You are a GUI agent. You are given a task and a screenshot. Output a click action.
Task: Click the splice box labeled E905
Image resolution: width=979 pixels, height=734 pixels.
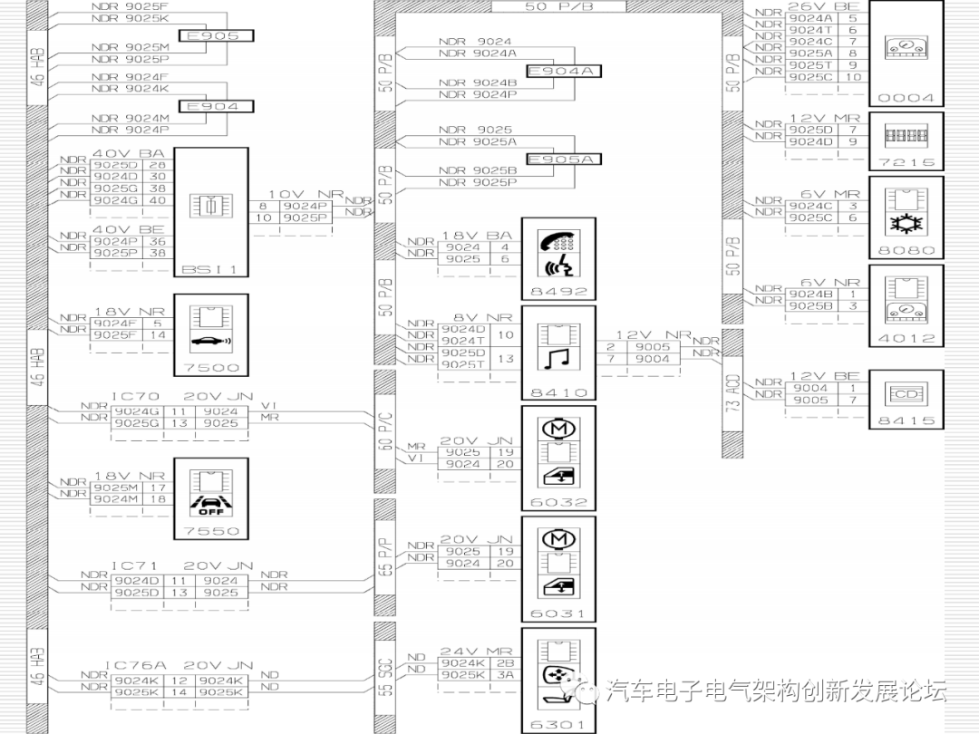[x=215, y=36]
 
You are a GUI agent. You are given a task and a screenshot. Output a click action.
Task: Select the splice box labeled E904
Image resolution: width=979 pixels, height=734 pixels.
[x=215, y=107]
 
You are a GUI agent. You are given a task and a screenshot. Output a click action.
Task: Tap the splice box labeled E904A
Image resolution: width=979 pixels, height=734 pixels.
[x=564, y=72]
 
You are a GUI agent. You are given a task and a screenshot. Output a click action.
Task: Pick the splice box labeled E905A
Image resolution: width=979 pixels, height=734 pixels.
[x=564, y=159]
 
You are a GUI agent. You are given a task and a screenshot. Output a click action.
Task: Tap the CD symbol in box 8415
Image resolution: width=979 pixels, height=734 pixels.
[x=906, y=394]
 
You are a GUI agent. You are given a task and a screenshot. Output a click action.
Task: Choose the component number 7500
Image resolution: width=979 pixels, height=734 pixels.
[x=210, y=368]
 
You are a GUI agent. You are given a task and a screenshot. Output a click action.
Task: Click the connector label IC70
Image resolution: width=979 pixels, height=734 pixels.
[x=135, y=397]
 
